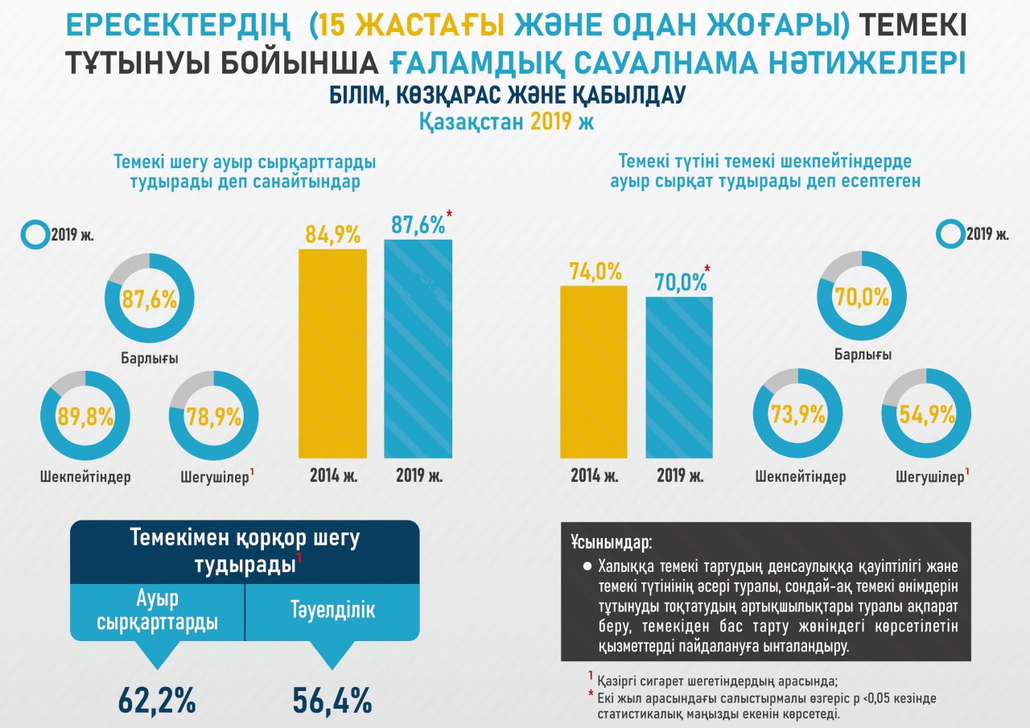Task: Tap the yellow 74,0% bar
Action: [x=593, y=371]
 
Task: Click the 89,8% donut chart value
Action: [x=84, y=416]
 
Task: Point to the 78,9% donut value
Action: [x=214, y=416]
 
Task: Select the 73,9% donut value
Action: [x=797, y=415]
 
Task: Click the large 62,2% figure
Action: [x=157, y=701]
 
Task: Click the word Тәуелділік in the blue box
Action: [x=332, y=611]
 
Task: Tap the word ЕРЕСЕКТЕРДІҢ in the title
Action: [x=182, y=27]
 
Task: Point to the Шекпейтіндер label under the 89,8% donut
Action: [x=85, y=477]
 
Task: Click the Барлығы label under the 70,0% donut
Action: [x=862, y=355]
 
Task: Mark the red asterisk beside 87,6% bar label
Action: [x=449, y=214]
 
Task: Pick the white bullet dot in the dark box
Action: [x=587, y=566]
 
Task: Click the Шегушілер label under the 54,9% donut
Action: [x=929, y=477]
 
